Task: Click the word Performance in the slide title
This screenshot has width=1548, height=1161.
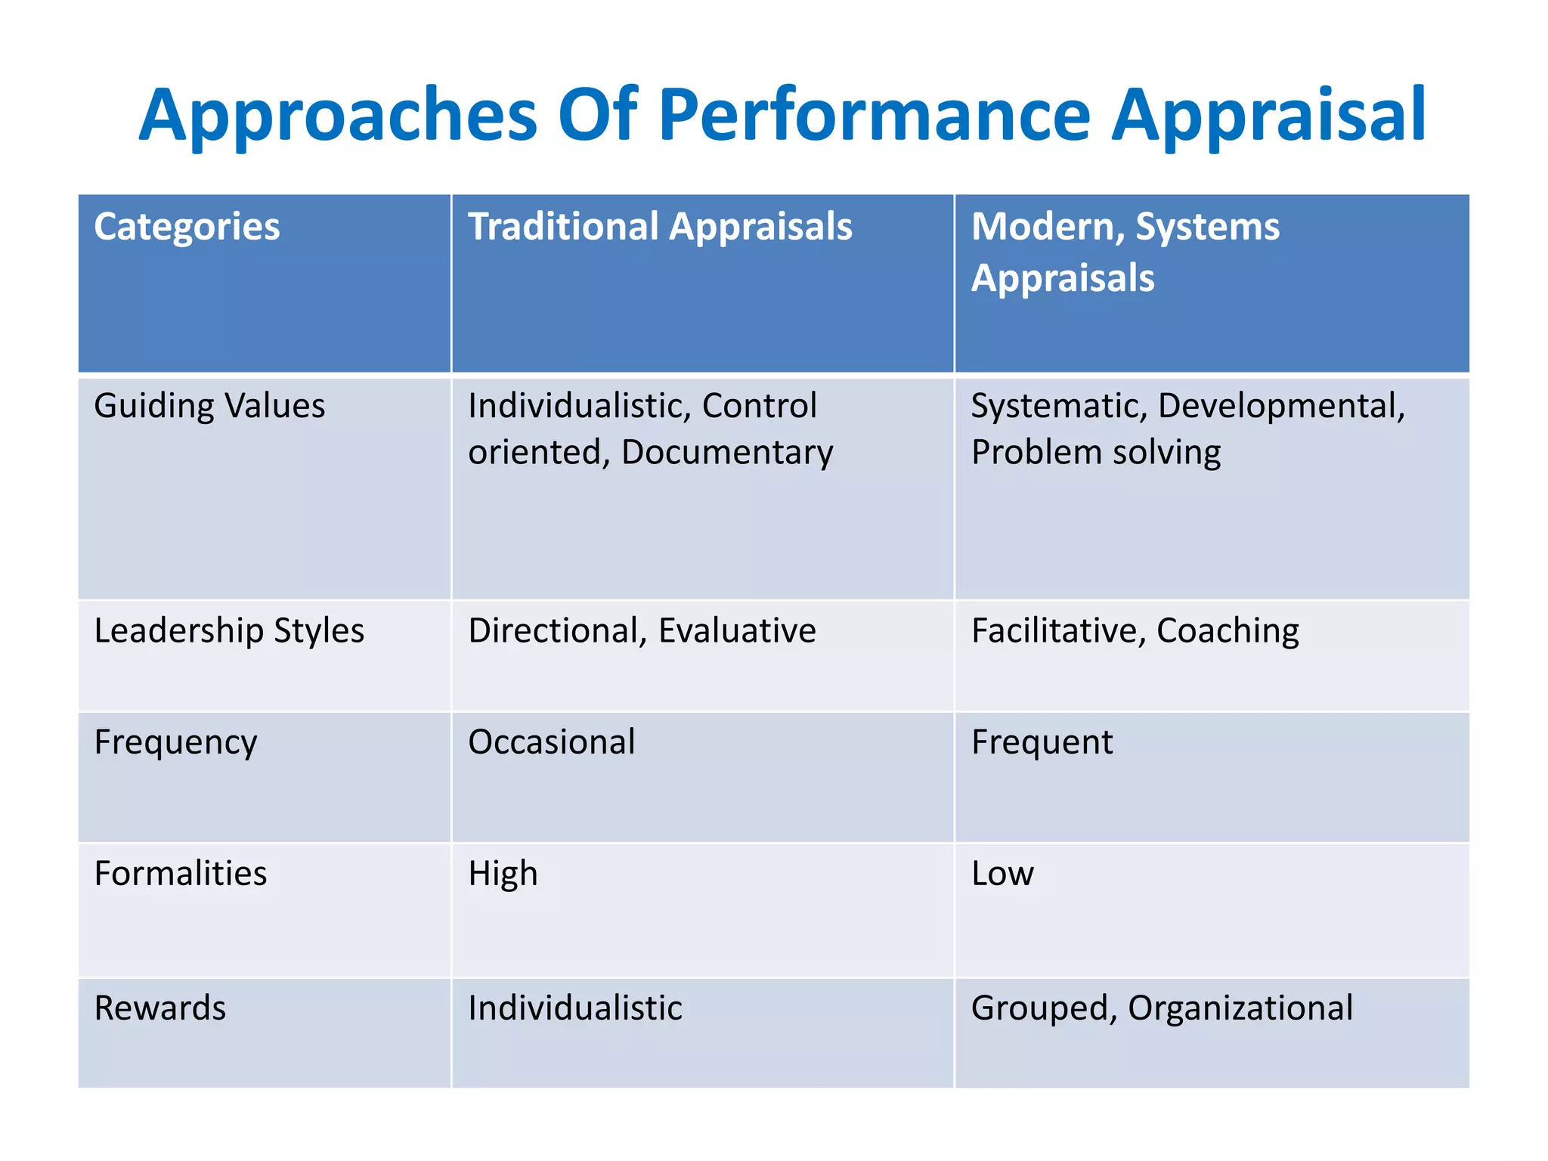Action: (875, 116)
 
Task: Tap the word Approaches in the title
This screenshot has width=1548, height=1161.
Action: (337, 116)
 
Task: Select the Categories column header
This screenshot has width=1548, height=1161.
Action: (187, 227)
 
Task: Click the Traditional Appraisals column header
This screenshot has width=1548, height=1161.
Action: (660, 227)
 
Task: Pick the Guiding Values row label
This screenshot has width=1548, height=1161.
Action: (209, 406)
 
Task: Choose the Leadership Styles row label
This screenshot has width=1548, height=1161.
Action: (229, 630)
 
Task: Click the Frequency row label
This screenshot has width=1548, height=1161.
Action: (175, 742)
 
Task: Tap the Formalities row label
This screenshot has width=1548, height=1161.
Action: (181, 874)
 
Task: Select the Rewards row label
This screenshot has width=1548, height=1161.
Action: (160, 1008)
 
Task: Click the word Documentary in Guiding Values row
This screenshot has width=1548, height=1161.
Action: (727, 453)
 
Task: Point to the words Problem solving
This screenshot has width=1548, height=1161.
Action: (1096, 453)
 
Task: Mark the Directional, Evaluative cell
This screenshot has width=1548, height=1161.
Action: (642, 630)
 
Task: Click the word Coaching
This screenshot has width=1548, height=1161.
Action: (1228, 630)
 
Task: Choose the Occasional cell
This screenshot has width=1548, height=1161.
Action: (552, 742)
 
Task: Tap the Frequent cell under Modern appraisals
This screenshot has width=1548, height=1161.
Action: (1042, 742)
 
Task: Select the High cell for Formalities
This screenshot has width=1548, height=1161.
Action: (503, 874)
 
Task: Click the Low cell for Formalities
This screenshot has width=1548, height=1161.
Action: (1002, 874)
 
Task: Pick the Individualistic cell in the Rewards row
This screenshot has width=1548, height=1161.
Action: (575, 1008)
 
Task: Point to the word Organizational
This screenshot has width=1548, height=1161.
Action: (1240, 1008)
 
